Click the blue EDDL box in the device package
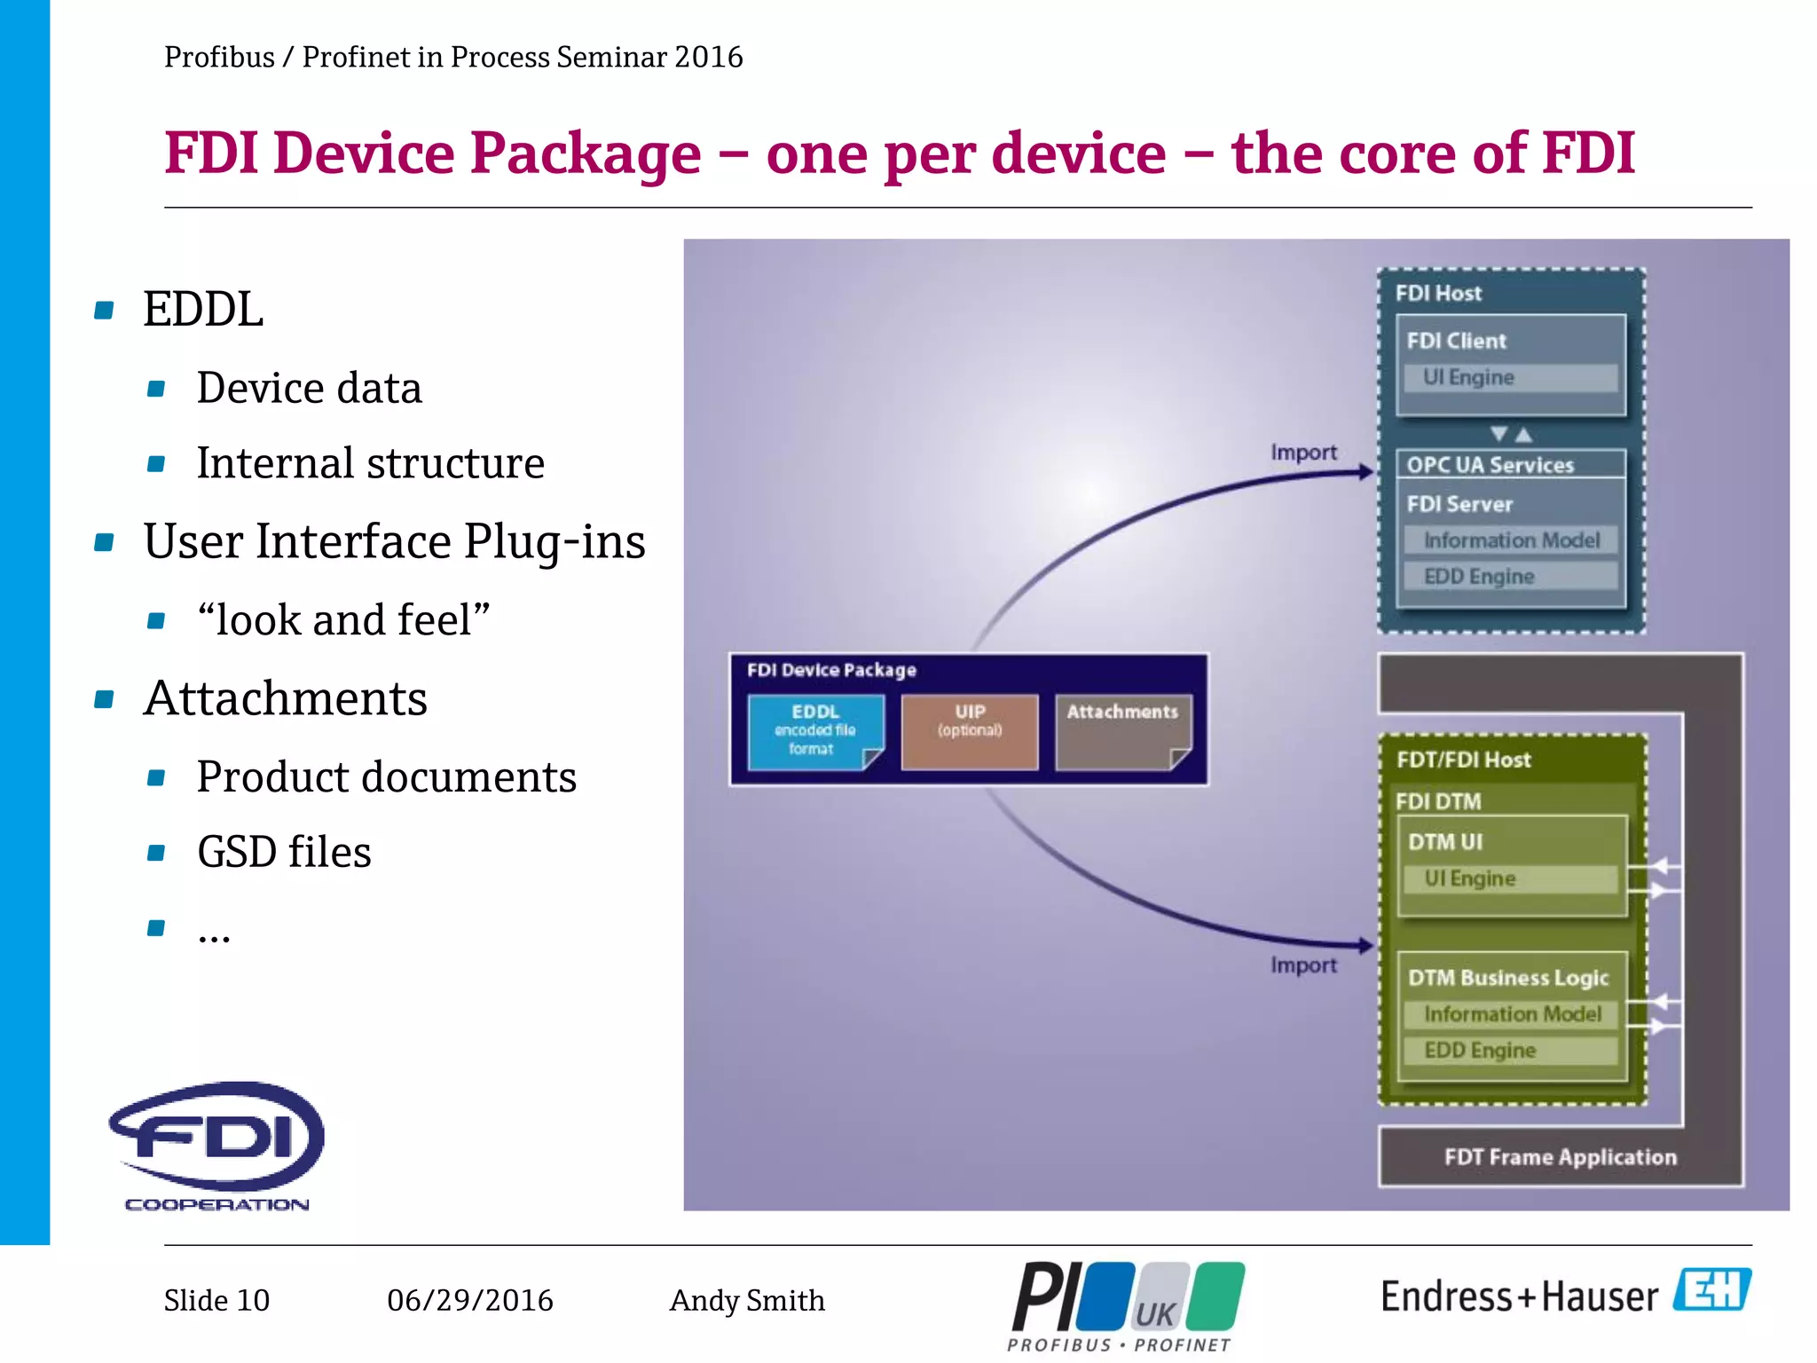pos(814,731)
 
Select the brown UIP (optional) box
pos(969,731)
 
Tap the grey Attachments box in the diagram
pos(1122,731)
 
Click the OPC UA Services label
pos(1491,465)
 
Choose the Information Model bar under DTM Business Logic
pos(1510,1013)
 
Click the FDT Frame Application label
pos(1560,1156)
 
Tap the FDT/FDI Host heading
pos(1463,760)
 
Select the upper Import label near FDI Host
pos(1302,453)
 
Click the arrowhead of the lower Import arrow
pos(1366,946)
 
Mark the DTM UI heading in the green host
pos(1445,841)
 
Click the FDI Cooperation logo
pos(217,1145)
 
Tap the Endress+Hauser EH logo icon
pos(1711,1290)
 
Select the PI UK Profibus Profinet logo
pos(1127,1304)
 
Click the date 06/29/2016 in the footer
pos(469,1300)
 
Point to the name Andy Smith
pos(747,1300)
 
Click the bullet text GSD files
pos(284,852)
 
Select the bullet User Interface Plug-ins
pos(394,541)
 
